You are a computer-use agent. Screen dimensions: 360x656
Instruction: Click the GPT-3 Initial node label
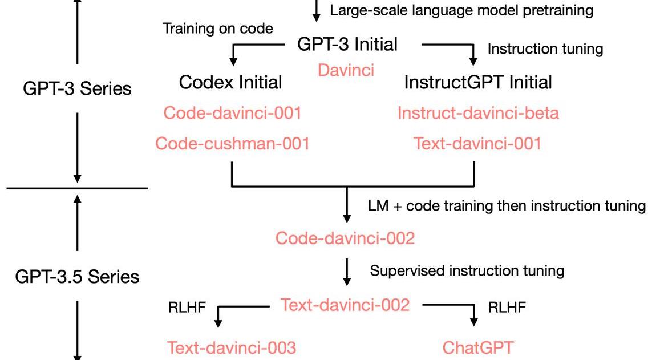347,45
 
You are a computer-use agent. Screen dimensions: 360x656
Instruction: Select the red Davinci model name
346,70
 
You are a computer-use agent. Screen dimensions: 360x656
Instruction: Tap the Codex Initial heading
230,82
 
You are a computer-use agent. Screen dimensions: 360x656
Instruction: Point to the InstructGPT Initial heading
478,82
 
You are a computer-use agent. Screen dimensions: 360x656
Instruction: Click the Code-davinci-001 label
232,113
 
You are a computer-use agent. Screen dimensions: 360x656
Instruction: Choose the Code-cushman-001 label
232,143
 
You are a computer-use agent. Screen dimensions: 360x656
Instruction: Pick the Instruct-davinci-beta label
478,113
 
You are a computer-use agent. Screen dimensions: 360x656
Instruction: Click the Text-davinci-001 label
477,143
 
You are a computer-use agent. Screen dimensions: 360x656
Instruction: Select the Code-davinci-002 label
345,238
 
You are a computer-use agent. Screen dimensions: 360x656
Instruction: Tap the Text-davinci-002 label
345,305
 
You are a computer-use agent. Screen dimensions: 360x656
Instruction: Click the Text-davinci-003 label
232,347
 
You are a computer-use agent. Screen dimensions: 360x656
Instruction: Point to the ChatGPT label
478,347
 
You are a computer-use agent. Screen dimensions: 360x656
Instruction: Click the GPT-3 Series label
77,88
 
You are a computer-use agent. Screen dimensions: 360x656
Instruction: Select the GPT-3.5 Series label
77,277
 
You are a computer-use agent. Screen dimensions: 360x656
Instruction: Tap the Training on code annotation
218,28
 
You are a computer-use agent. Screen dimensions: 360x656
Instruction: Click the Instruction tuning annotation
545,49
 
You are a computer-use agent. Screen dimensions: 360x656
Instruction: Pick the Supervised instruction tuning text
467,270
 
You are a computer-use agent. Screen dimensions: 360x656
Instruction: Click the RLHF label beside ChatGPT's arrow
507,308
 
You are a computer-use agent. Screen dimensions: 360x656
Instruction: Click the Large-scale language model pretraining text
461,10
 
